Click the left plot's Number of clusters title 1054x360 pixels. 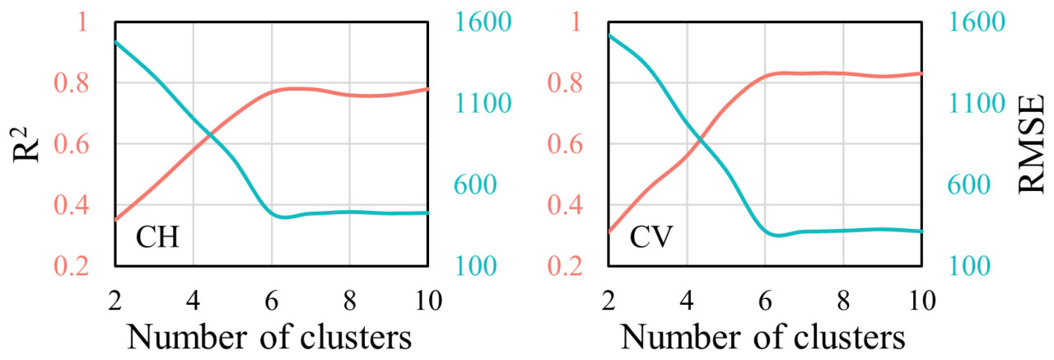click(x=270, y=339)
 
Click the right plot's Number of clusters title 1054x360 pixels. click(x=763, y=339)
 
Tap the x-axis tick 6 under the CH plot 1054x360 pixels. click(x=271, y=297)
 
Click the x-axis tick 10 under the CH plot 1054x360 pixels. click(x=428, y=297)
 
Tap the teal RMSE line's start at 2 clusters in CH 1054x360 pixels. click(x=116, y=42)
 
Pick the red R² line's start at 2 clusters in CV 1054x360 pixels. click(x=609, y=231)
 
